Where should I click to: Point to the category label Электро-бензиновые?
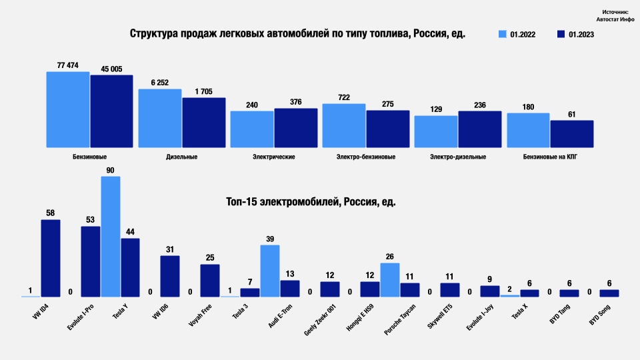coord(366,157)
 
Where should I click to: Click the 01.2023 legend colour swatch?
coord(561,34)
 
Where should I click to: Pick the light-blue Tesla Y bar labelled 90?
coord(111,236)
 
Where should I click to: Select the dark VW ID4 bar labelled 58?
coord(51,258)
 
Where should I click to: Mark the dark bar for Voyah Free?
coord(210,280)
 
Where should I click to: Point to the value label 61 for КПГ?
coord(571,114)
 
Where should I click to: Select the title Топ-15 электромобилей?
coord(311,201)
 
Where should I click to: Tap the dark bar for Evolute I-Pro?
coord(91,261)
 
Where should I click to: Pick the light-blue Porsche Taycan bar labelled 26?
coord(390,279)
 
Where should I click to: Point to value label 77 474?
coord(68,65)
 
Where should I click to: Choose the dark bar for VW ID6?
coord(170,276)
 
